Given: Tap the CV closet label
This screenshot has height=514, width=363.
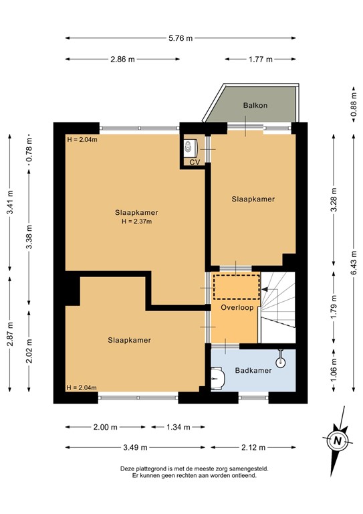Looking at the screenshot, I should coord(195,162).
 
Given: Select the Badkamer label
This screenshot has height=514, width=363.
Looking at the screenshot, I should coord(253,370).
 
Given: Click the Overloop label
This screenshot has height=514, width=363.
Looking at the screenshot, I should coord(235,307).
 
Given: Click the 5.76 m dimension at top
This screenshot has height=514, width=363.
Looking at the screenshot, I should coord(180,38).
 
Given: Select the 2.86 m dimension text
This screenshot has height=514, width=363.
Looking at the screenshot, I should coord(122,60).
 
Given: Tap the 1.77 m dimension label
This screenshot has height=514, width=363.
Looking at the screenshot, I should coord(260,60).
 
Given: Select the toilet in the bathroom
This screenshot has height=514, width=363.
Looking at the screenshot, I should coord(217,379).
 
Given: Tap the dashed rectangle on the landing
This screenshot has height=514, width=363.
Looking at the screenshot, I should coord(235,286).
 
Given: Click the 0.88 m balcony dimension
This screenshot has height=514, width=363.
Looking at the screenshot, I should coord(352,106).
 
